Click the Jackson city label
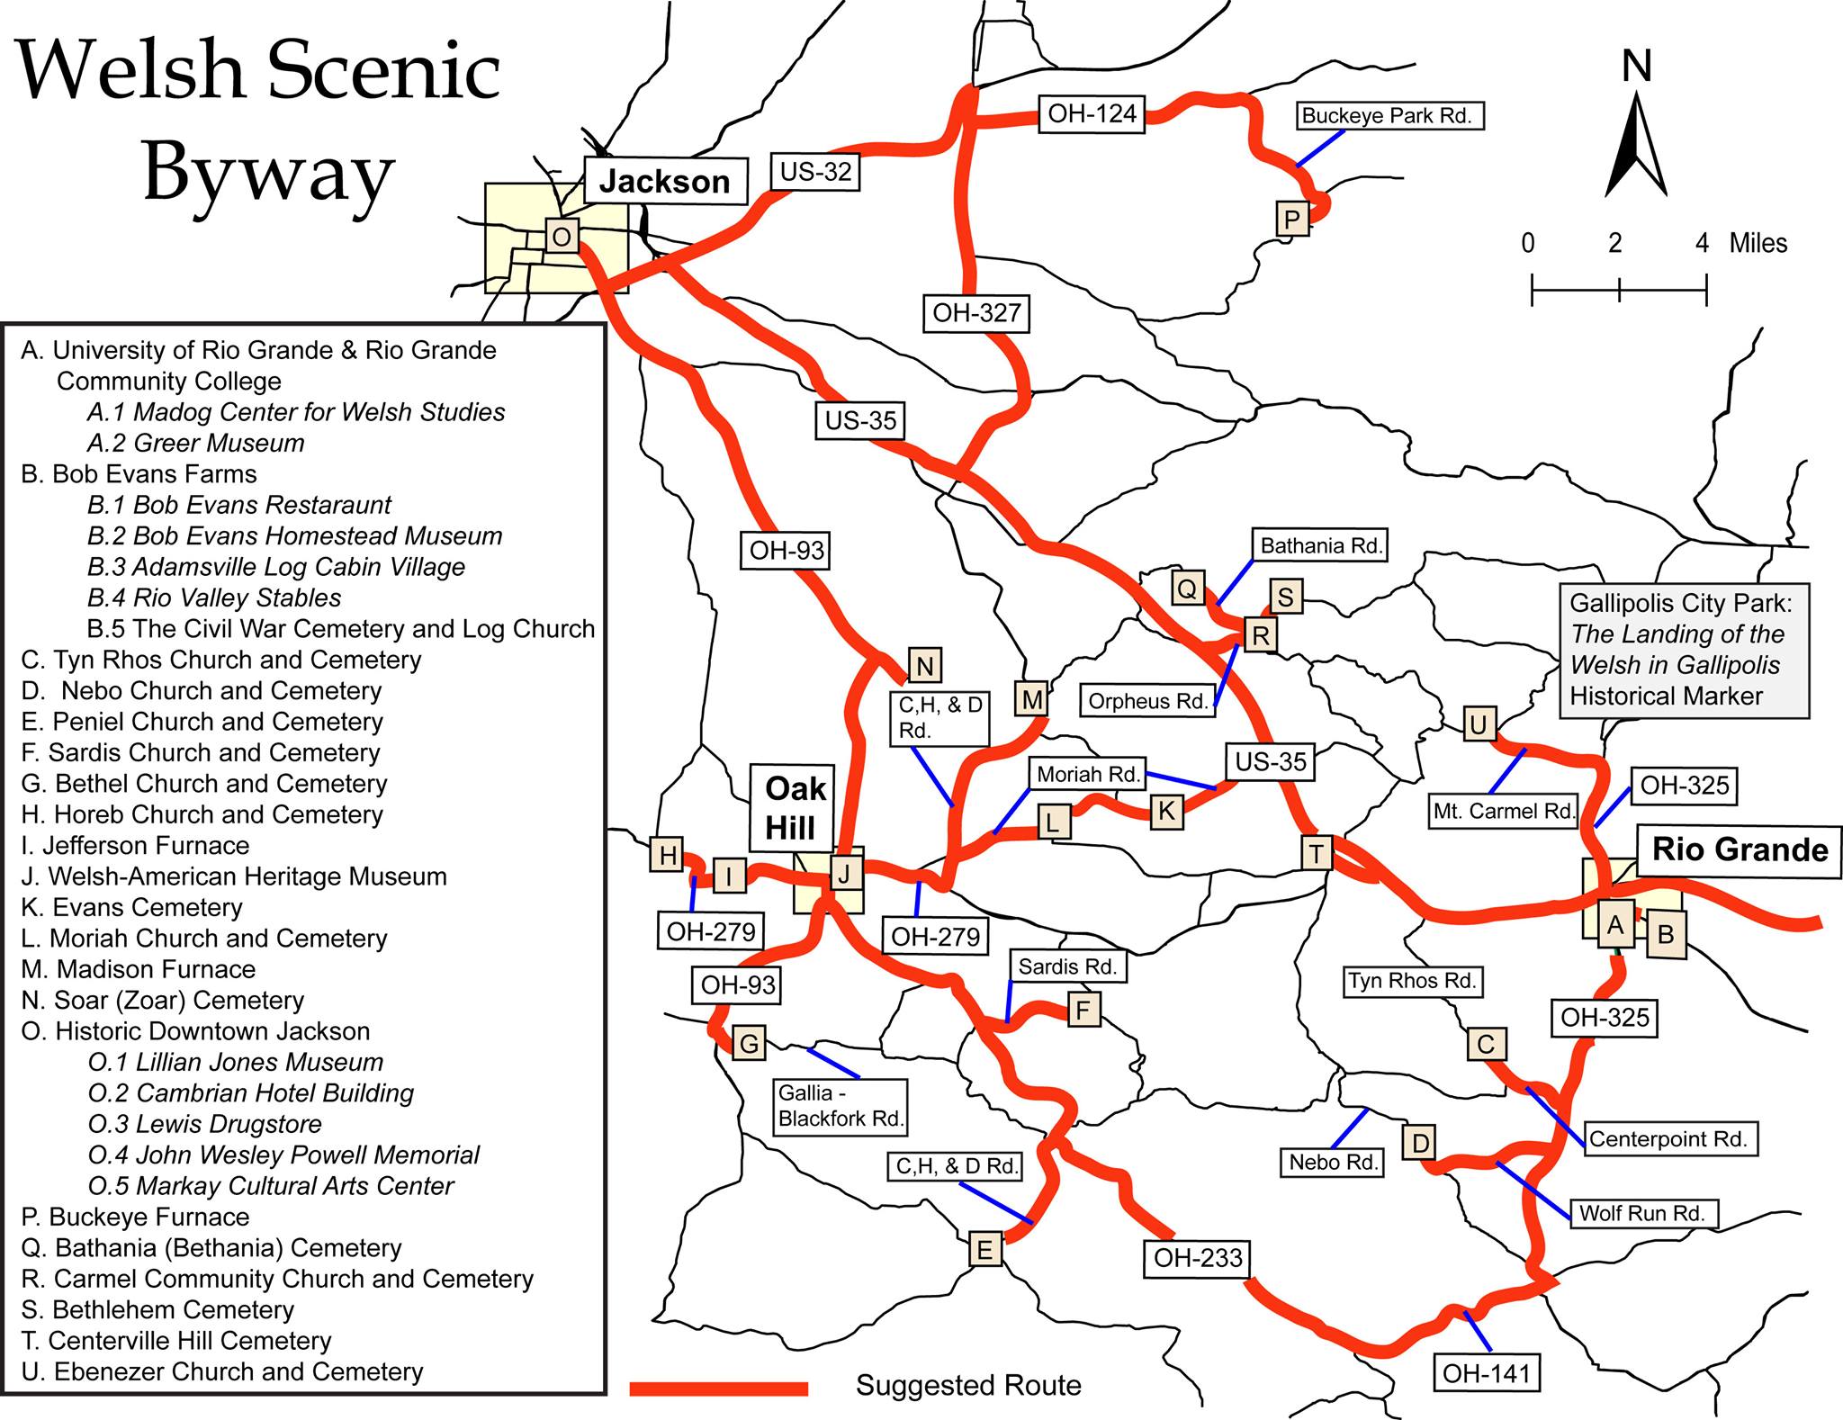(x=665, y=182)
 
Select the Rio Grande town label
(x=1740, y=849)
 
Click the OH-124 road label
(x=1092, y=115)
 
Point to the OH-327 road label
(x=976, y=313)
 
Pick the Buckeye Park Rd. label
(x=1386, y=116)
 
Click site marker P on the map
(x=1292, y=219)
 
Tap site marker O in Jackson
(x=561, y=238)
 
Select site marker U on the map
(x=1479, y=724)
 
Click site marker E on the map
(x=984, y=1250)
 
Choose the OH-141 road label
(x=1486, y=1373)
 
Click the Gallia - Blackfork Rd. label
(x=840, y=1106)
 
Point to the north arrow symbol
(x=1637, y=144)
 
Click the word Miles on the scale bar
(x=1758, y=243)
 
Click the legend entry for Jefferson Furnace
(x=135, y=846)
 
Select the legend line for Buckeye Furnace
(x=135, y=1218)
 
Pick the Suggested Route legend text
(x=968, y=1386)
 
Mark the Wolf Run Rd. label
(x=1641, y=1213)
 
